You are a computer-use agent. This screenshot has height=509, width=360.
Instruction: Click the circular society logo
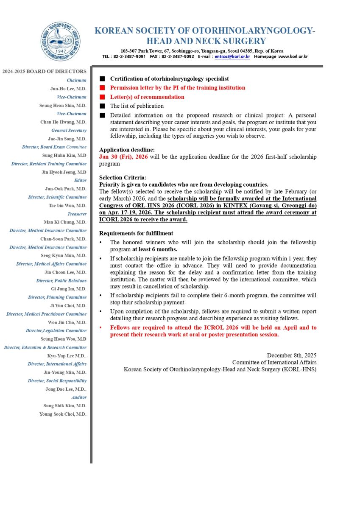pos(61,42)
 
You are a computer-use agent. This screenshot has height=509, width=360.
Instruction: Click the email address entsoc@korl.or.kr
pos(232,56)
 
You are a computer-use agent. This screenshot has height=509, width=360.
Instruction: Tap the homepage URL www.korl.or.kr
pos(293,56)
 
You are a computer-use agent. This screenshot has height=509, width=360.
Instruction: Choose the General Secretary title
pos(69,131)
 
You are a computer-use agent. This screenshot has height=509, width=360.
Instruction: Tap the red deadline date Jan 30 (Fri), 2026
pos(123,157)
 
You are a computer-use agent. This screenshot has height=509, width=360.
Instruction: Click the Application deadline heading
pos(127,150)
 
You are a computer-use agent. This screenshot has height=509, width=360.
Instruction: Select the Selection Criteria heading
pos(123,178)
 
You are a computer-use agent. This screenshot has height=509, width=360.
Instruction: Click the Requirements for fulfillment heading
pos(136,233)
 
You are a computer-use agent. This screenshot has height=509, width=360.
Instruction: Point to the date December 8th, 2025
pos(291,355)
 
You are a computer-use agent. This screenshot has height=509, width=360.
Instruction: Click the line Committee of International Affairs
pos(274,362)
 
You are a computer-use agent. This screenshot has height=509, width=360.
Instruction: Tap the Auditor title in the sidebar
pos(79,397)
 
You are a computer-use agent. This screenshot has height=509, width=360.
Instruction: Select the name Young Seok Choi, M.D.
pos(63,414)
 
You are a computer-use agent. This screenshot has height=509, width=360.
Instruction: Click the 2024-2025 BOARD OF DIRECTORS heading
pos(44,71)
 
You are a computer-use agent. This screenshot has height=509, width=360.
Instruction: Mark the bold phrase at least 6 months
pos(154,249)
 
